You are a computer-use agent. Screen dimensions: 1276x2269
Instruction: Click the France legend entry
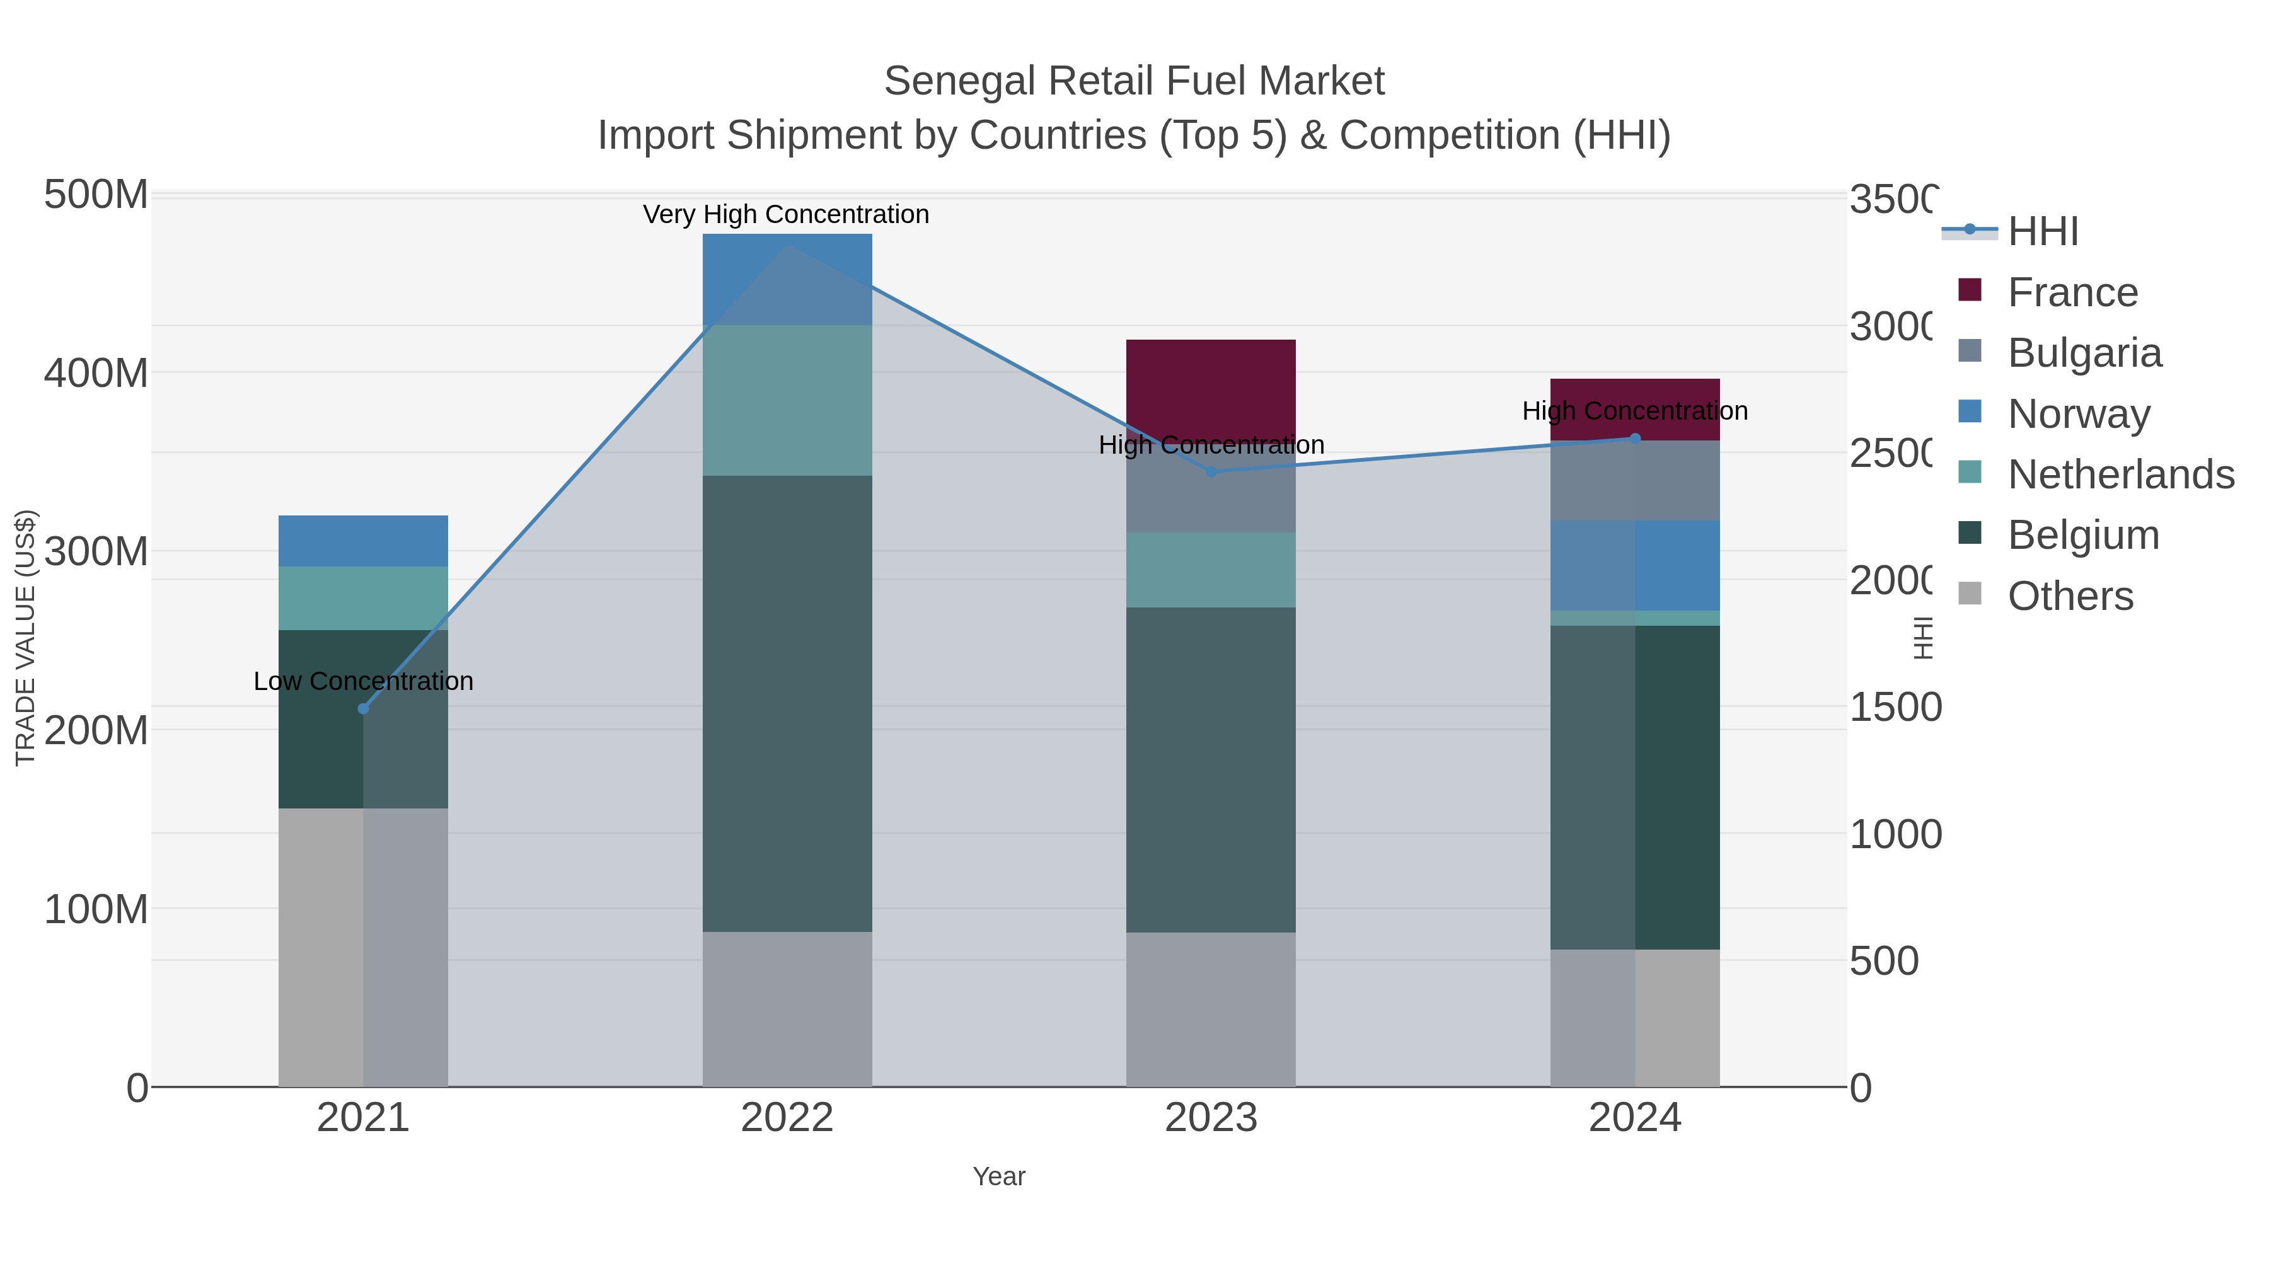coord(2072,292)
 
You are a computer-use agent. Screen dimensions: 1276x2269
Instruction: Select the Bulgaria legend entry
coord(2084,353)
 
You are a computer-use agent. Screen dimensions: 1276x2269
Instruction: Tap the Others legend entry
coord(2070,596)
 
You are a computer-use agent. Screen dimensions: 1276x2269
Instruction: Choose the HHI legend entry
coord(2043,232)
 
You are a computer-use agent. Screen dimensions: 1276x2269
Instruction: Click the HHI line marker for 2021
coord(363,709)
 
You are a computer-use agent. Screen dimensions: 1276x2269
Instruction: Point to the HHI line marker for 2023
coord(1211,472)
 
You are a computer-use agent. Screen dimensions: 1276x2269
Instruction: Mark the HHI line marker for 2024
coord(1635,439)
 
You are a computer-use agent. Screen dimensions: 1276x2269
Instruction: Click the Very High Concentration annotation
coord(786,215)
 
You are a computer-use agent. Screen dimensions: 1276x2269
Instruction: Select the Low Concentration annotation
coord(363,682)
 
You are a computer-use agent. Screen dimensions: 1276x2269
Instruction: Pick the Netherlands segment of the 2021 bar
coord(363,598)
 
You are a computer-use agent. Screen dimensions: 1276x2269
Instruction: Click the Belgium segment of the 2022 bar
coord(787,704)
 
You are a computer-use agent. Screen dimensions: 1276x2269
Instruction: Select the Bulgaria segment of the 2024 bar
coord(1635,481)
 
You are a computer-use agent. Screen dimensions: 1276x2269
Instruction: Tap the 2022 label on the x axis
coord(787,1118)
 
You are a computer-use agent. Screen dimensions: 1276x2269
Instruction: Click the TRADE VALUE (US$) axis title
coord(26,638)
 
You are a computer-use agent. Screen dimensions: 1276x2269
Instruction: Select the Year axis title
coord(999,1176)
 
